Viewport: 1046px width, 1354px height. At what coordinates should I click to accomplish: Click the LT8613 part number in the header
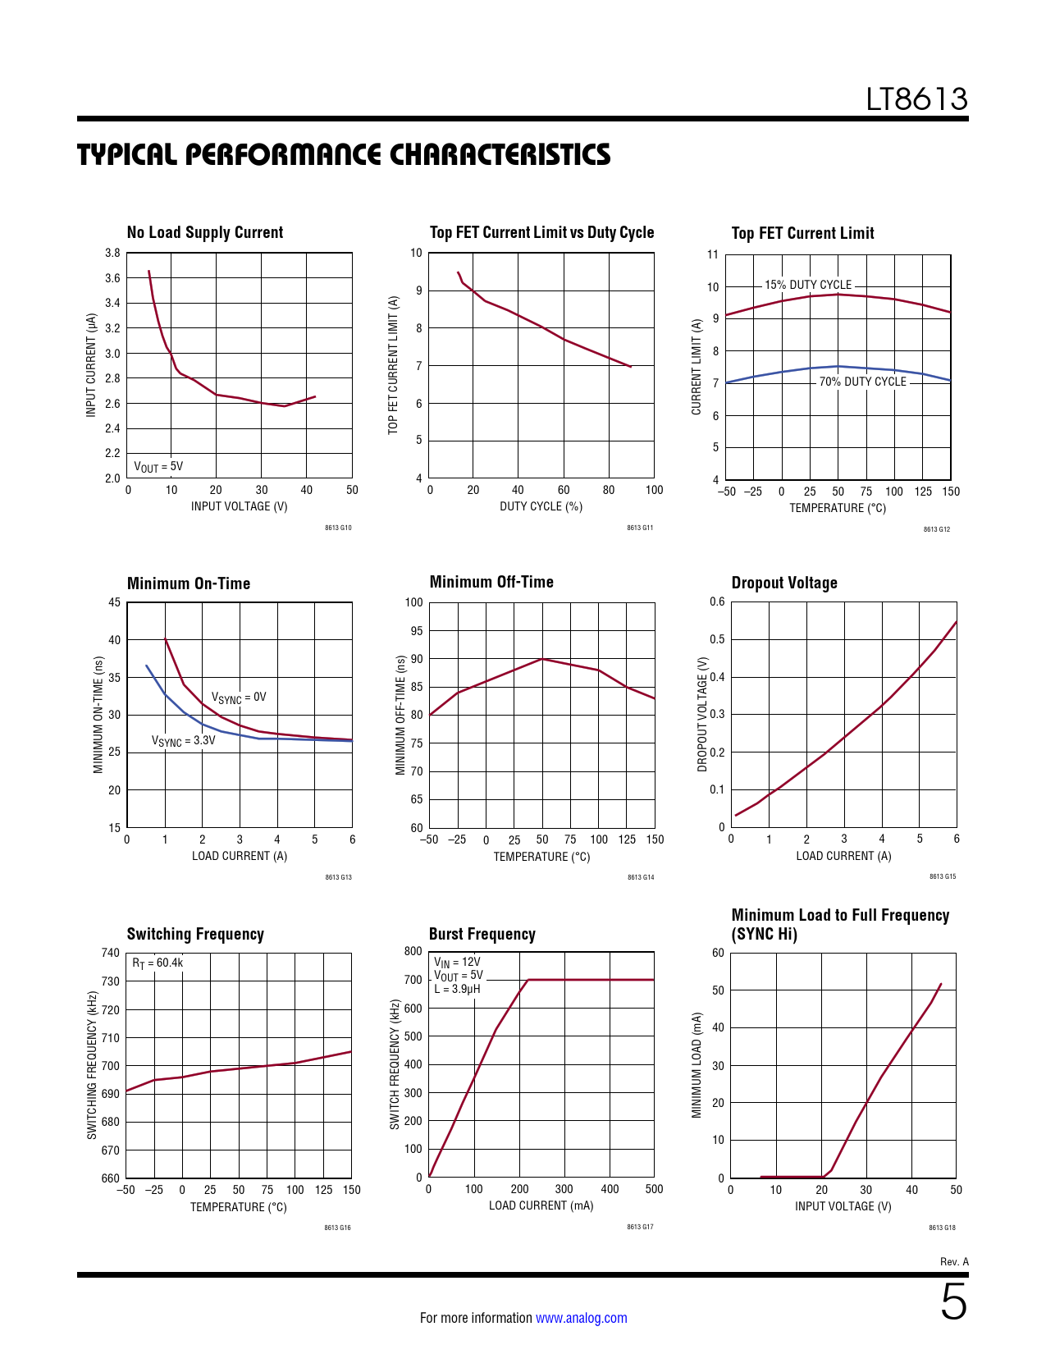coord(916,99)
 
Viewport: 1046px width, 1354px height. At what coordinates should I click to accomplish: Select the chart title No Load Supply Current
coord(205,232)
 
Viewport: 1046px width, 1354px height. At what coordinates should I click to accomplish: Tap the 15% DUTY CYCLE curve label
coord(808,285)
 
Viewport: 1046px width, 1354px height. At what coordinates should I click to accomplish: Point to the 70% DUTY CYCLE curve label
coord(862,382)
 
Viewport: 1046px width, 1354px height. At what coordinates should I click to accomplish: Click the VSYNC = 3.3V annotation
coord(183,741)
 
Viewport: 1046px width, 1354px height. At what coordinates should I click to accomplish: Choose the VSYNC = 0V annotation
coord(239,698)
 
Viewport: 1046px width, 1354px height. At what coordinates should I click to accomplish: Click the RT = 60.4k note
coord(158,963)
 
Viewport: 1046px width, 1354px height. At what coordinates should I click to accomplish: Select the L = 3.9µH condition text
coord(457,989)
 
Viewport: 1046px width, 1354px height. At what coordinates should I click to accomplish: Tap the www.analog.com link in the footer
coord(581,1318)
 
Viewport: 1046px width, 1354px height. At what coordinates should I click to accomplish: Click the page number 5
coord(953,1302)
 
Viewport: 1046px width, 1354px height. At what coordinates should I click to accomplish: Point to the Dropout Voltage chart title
coord(784,583)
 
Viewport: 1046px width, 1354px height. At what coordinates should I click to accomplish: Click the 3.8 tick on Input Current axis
coord(112,253)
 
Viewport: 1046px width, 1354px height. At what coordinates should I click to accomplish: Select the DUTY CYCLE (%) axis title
coord(541,506)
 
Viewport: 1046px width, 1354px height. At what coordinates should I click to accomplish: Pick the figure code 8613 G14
coord(641,877)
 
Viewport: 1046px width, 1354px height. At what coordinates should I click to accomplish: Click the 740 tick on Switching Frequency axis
coord(110,953)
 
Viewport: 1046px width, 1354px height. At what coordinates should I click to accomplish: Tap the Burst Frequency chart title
coord(482,934)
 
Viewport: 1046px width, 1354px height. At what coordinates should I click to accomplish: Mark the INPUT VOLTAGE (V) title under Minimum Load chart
coord(843,1206)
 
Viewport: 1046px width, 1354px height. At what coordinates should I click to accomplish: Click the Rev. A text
coord(954,1262)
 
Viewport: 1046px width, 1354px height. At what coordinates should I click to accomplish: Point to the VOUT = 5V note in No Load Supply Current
coord(158,467)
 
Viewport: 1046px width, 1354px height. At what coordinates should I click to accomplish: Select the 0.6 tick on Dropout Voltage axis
coord(717,602)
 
